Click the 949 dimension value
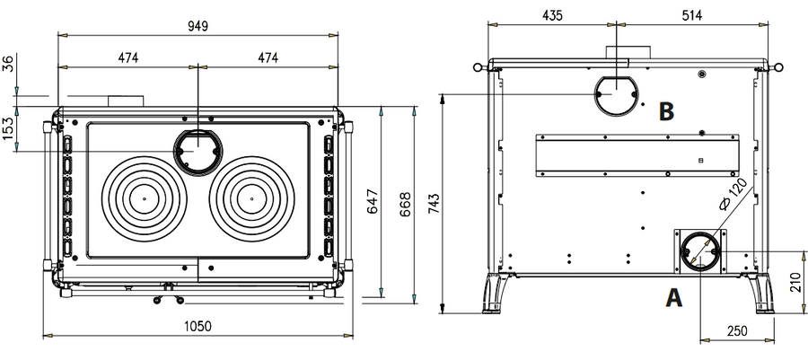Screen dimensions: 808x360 point(198,26)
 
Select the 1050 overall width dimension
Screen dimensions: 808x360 point(198,326)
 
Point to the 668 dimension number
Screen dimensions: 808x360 point(406,204)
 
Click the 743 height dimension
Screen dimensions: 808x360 point(434,204)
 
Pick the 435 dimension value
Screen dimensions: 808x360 point(552,15)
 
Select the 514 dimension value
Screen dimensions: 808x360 point(691,15)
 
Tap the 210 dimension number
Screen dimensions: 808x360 point(796,282)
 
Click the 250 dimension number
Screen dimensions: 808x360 point(737,330)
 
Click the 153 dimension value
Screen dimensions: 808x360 point(9,127)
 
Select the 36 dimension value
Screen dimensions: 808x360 point(9,65)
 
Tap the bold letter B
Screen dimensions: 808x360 point(666,111)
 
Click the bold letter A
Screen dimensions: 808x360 point(674,298)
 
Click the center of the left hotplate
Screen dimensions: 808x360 point(145,198)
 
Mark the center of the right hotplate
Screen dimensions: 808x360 point(252,198)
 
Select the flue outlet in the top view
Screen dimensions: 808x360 point(198,152)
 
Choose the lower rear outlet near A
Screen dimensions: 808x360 point(700,252)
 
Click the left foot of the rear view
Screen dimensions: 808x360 point(495,294)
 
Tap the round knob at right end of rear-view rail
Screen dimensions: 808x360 point(778,67)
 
